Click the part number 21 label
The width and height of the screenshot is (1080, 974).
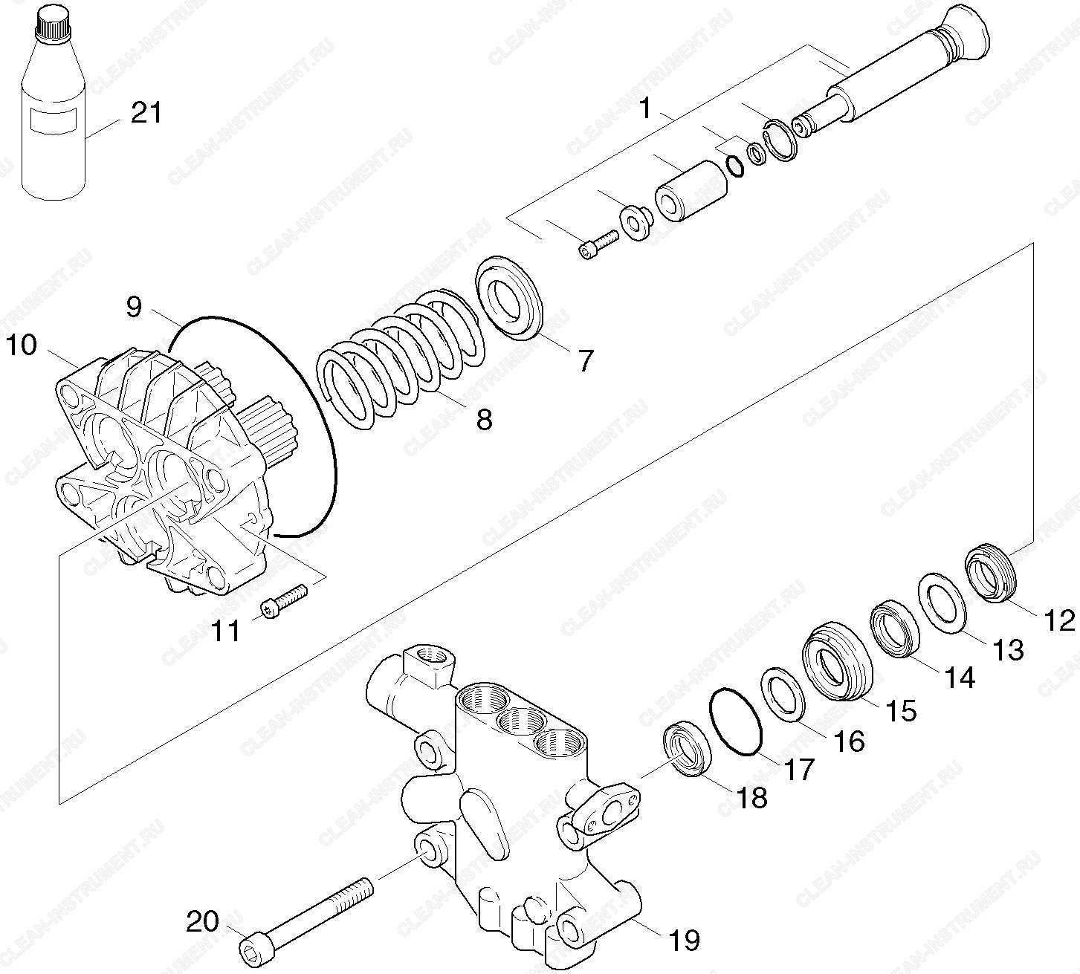146,114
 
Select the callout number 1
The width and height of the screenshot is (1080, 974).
645,108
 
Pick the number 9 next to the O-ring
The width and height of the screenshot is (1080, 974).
135,307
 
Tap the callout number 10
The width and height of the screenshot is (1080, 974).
22,345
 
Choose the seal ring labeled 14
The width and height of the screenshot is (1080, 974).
896,628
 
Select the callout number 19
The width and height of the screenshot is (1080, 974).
685,940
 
